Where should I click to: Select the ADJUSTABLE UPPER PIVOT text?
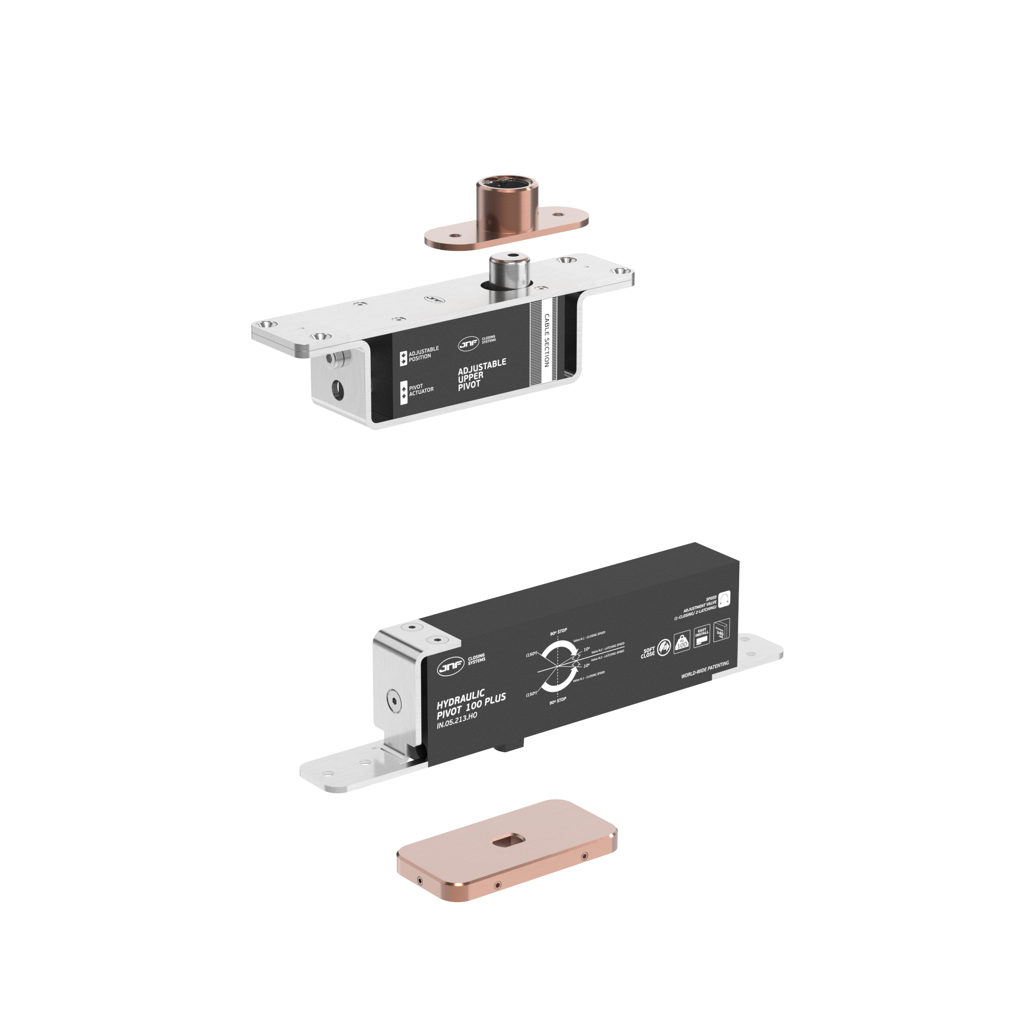pyautogui.click(x=481, y=374)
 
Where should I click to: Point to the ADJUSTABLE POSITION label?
pyautogui.click(x=423, y=353)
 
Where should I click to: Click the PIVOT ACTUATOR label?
pyautogui.click(x=421, y=389)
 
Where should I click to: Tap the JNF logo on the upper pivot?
pyautogui.click(x=468, y=344)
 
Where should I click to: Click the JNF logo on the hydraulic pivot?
pyautogui.click(x=450, y=668)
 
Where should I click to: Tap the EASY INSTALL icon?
pyautogui.click(x=702, y=636)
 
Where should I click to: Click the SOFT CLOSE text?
pyautogui.click(x=648, y=652)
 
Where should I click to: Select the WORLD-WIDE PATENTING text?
pyautogui.click(x=705, y=670)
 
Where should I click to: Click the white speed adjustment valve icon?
pyautogui.click(x=724, y=599)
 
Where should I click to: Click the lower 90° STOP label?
pyautogui.click(x=558, y=700)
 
